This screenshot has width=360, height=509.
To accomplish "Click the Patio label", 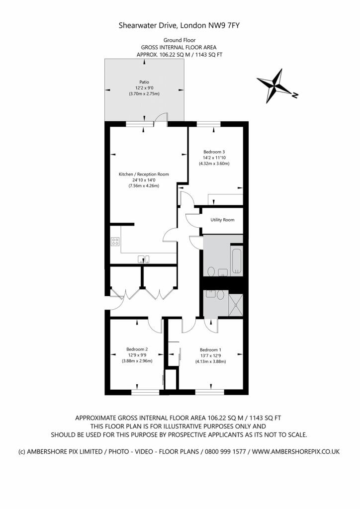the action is point(144,82).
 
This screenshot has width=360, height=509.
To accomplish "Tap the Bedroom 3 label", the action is point(214,152).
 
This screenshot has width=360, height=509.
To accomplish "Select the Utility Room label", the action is point(222,220).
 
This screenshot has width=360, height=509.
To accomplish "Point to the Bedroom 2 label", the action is point(137,349).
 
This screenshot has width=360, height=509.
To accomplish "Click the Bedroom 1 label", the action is point(210,350).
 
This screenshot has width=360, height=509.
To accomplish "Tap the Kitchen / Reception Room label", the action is point(144,174).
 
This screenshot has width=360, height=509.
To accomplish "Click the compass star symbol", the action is point(275,85).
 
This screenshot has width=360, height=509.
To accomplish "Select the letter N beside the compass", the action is point(295,95).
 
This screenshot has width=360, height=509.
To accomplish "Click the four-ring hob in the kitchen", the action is point(115,241).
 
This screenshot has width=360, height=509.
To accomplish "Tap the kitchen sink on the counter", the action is point(144,258).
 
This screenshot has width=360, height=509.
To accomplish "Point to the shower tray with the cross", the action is point(236,305).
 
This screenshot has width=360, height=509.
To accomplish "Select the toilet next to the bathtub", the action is point(211,271).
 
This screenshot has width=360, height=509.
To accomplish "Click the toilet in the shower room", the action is point(221,295).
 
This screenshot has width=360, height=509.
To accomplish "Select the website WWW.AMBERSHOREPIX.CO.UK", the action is point(296,451).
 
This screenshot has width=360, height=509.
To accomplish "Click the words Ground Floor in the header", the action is point(180,40).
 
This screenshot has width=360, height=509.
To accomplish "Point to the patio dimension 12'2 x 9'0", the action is point(144,88).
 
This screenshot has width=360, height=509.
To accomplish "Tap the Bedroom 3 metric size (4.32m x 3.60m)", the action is point(214,164).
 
